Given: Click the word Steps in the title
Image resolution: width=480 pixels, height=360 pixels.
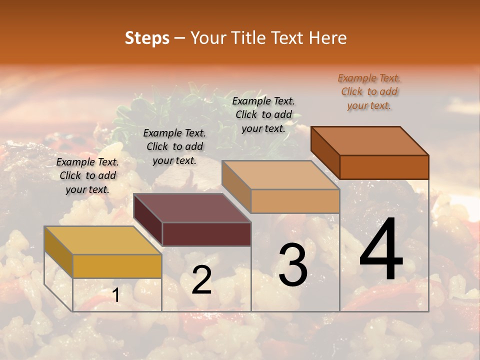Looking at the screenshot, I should click(147, 38).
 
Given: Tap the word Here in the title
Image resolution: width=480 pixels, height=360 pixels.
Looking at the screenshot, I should click(328, 38).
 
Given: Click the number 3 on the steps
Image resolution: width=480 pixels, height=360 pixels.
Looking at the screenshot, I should click(292, 265).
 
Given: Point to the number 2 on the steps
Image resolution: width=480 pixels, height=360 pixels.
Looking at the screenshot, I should click(201, 280).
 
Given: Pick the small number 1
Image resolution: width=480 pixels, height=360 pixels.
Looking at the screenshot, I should click(116, 295).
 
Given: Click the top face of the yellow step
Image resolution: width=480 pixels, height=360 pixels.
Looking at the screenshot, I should click(102, 240).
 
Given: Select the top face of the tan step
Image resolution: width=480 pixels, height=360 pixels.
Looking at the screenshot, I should click(280, 175).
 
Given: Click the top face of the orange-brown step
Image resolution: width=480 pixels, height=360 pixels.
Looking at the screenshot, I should click(370, 141).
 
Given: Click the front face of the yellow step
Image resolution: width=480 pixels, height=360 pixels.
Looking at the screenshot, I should click(117, 266).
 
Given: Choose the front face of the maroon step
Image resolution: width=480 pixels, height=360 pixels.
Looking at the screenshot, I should click(206, 234).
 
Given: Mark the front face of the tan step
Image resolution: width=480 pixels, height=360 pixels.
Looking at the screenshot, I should click(295, 201).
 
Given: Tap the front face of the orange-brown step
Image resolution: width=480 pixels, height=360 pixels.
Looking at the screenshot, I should click(384, 167).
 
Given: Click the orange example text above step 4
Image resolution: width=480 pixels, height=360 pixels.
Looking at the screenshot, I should click(369, 92).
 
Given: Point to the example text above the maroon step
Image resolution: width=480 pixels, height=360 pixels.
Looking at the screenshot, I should click(174, 146).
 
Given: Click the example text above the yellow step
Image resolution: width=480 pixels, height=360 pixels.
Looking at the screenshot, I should click(87, 175).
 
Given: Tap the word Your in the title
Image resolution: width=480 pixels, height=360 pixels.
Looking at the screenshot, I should click(209, 38).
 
